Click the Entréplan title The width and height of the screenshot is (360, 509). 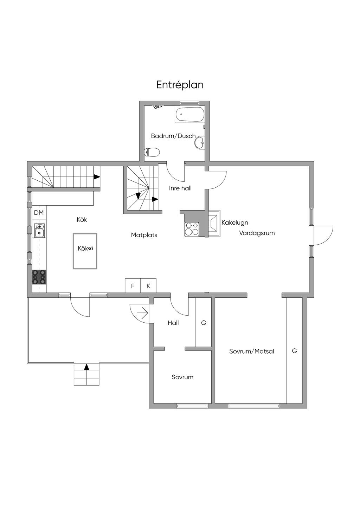click(x=180, y=85)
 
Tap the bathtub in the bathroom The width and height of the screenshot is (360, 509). click(x=189, y=115)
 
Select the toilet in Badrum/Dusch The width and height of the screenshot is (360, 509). click(x=152, y=152)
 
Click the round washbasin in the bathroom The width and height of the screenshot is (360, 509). click(x=200, y=143)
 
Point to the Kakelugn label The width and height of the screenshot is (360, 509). click(x=235, y=223)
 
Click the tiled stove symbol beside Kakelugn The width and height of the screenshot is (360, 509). click(x=214, y=223)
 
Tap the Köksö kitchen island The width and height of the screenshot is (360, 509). click(x=85, y=251)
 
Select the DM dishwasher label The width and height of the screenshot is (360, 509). click(x=39, y=213)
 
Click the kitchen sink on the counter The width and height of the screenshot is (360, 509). click(x=39, y=230)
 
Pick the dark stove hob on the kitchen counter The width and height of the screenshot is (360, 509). click(x=39, y=277)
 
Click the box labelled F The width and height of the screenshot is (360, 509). click(x=133, y=285)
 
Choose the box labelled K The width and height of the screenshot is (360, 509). click(x=148, y=285)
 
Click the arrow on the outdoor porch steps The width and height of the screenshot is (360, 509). click(x=86, y=367)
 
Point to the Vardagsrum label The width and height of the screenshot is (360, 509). click(x=257, y=233)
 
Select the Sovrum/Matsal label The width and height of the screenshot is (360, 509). click(x=252, y=351)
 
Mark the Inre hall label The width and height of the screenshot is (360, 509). click(x=180, y=188)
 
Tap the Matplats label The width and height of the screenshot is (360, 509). click(x=144, y=235)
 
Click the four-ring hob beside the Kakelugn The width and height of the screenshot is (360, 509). click(x=192, y=229)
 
